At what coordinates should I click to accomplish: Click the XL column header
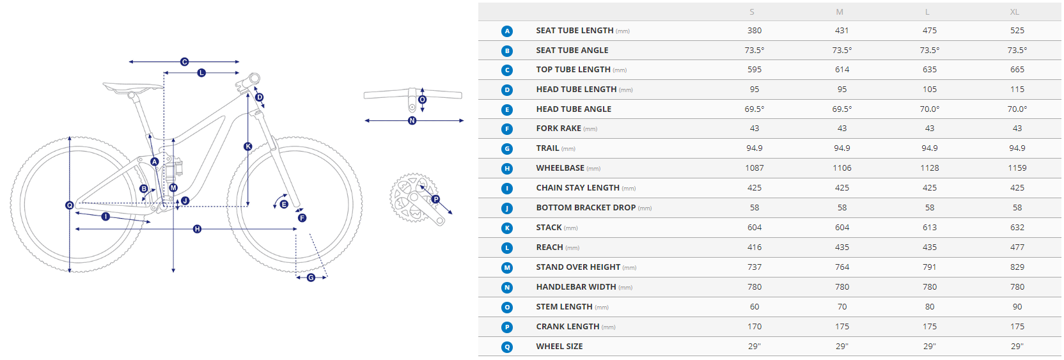pos(1014,12)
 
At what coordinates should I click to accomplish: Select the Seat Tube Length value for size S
pos(755,31)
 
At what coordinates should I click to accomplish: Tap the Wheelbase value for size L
pos(930,168)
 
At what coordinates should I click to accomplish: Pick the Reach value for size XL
pos(1017,247)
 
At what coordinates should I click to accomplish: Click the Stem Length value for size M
pos(842,307)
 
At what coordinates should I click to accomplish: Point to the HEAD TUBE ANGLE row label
pos(574,109)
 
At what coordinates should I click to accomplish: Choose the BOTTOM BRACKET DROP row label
pos(586,208)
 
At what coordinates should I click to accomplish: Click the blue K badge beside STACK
pos(507,228)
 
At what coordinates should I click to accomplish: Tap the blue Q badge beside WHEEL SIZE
pos(507,347)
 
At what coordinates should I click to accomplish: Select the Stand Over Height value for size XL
pos(1017,267)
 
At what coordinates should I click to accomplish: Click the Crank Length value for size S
pos(755,327)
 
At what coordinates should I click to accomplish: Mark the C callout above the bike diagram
pos(184,62)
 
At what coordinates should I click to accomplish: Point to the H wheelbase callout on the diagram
pos(197,229)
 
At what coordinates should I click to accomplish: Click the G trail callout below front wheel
pos(311,278)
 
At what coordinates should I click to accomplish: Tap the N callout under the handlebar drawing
pos(412,121)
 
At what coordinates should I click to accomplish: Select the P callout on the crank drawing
pos(435,200)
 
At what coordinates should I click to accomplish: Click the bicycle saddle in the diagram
pos(133,86)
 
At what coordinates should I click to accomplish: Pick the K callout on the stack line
pos(248,146)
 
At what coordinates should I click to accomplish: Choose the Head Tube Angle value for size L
pos(930,109)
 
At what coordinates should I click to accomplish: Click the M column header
pos(840,12)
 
